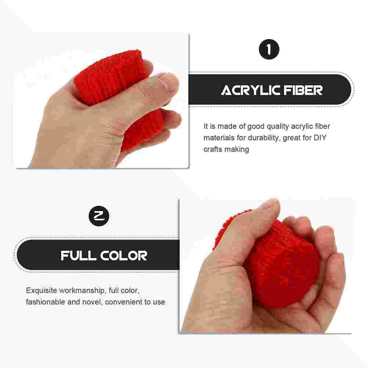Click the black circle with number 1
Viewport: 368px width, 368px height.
point(269,50)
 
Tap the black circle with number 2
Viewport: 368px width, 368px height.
point(99,216)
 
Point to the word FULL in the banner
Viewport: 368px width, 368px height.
point(77,255)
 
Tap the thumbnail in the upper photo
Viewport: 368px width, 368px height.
point(169,83)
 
